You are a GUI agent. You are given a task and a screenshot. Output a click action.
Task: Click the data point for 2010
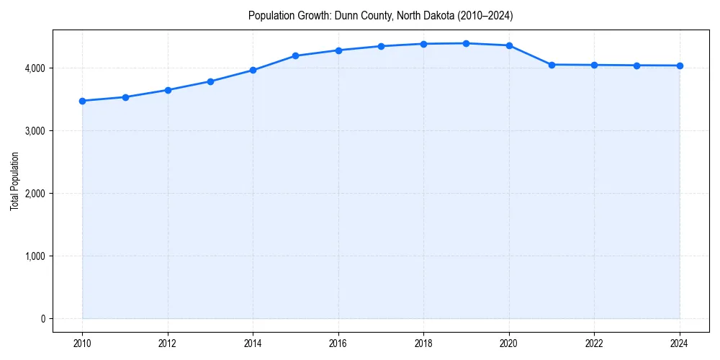click(x=82, y=101)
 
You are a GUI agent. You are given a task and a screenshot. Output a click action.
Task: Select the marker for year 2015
click(x=296, y=55)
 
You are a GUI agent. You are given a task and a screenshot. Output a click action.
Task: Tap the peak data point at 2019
click(x=467, y=43)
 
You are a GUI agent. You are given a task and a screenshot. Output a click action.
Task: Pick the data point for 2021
click(x=552, y=65)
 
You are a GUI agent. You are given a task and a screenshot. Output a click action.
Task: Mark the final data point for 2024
click(x=680, y=66)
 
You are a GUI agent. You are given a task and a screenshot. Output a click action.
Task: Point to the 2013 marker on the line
click(x=210, y=81)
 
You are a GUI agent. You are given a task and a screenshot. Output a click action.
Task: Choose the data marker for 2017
click(x=381, y=46)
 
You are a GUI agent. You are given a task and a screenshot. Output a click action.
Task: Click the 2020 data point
click(x=509, y=45)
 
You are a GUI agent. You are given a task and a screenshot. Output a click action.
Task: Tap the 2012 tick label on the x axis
click(x=168, y=343)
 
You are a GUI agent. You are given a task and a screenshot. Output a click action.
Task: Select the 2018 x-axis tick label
click(x=423, y=343)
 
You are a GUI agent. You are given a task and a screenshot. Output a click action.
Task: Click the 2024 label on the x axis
click(x=680, y=343)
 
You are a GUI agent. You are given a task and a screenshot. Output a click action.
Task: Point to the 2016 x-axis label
click(x=338, y=343)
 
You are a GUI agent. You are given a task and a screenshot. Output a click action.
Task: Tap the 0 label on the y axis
click(x=42, y=318)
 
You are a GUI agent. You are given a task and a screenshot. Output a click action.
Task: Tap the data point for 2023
click(x=637, y=66)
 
